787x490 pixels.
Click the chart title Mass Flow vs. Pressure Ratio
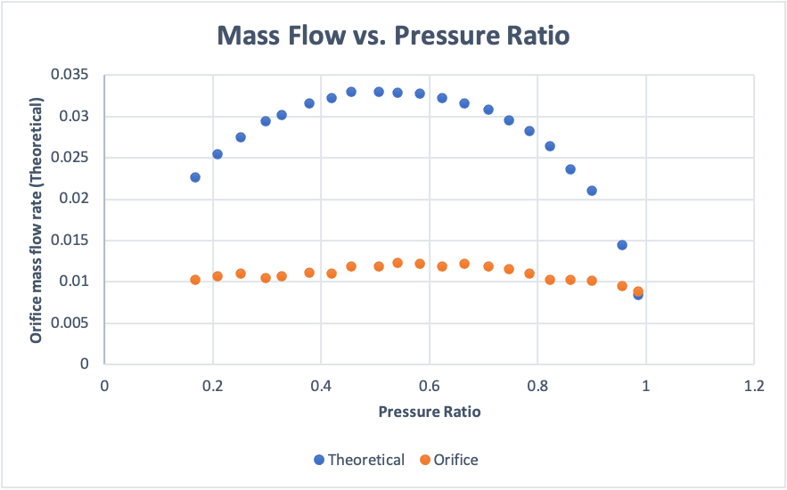[x=393, y=37]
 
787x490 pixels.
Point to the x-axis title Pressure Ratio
[x=430, y=412]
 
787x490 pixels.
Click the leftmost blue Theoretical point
[x=195, y=177]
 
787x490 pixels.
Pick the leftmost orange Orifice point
[x=195, y=280]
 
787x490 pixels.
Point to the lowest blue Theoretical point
[x=638, y=295]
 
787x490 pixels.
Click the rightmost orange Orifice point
[x=638, y=291]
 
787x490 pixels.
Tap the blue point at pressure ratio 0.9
[x=592, y=191]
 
